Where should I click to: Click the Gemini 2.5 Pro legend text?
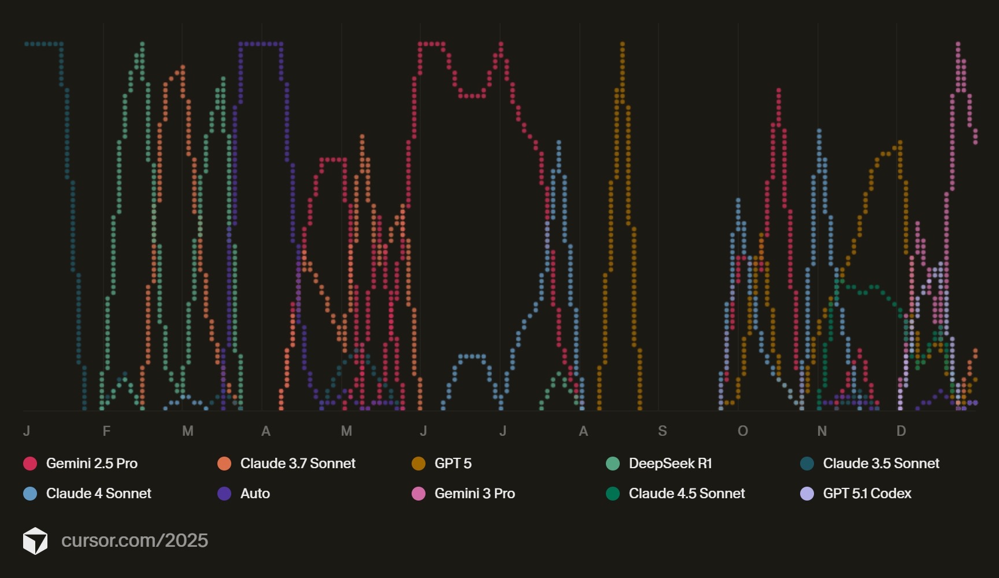91,464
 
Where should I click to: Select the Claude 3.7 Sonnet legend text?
297,464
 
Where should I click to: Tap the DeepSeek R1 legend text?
670,464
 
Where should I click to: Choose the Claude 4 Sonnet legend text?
98,494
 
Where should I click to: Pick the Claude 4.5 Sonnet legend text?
686,494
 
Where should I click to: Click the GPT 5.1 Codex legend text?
867,494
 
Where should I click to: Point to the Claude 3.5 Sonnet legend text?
880,464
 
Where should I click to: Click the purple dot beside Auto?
224,494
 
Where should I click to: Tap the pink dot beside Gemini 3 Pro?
419,494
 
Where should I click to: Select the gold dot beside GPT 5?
419,464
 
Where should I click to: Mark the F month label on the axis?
106,431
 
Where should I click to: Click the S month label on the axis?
663,431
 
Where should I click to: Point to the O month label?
743,431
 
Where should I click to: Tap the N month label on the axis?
822,431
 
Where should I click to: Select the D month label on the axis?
901,431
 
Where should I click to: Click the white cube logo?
35,541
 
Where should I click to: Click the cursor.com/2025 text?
135,540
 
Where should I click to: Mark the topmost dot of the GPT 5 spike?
622,44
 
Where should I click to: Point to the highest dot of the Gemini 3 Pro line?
958,44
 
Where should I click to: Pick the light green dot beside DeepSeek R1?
613,464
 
